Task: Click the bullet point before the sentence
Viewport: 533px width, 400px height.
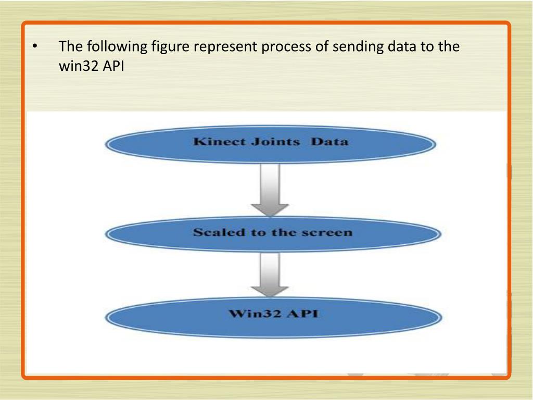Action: pos(34,48)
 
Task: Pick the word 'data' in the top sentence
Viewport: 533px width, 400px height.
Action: pos(399,47)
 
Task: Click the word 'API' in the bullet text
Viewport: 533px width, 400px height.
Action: pos(111,67)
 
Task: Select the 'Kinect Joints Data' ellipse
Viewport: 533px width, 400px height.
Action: pos(271,143)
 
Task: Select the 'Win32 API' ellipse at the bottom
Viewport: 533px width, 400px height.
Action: pos(273,316)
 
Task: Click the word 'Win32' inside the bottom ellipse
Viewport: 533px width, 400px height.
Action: pos(250,315)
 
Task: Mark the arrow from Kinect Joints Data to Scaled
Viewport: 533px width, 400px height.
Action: pos(270,189)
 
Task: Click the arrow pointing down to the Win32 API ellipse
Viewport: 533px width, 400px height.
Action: pos(270,275)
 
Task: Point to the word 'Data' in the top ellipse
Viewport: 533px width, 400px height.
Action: pos(329,142)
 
